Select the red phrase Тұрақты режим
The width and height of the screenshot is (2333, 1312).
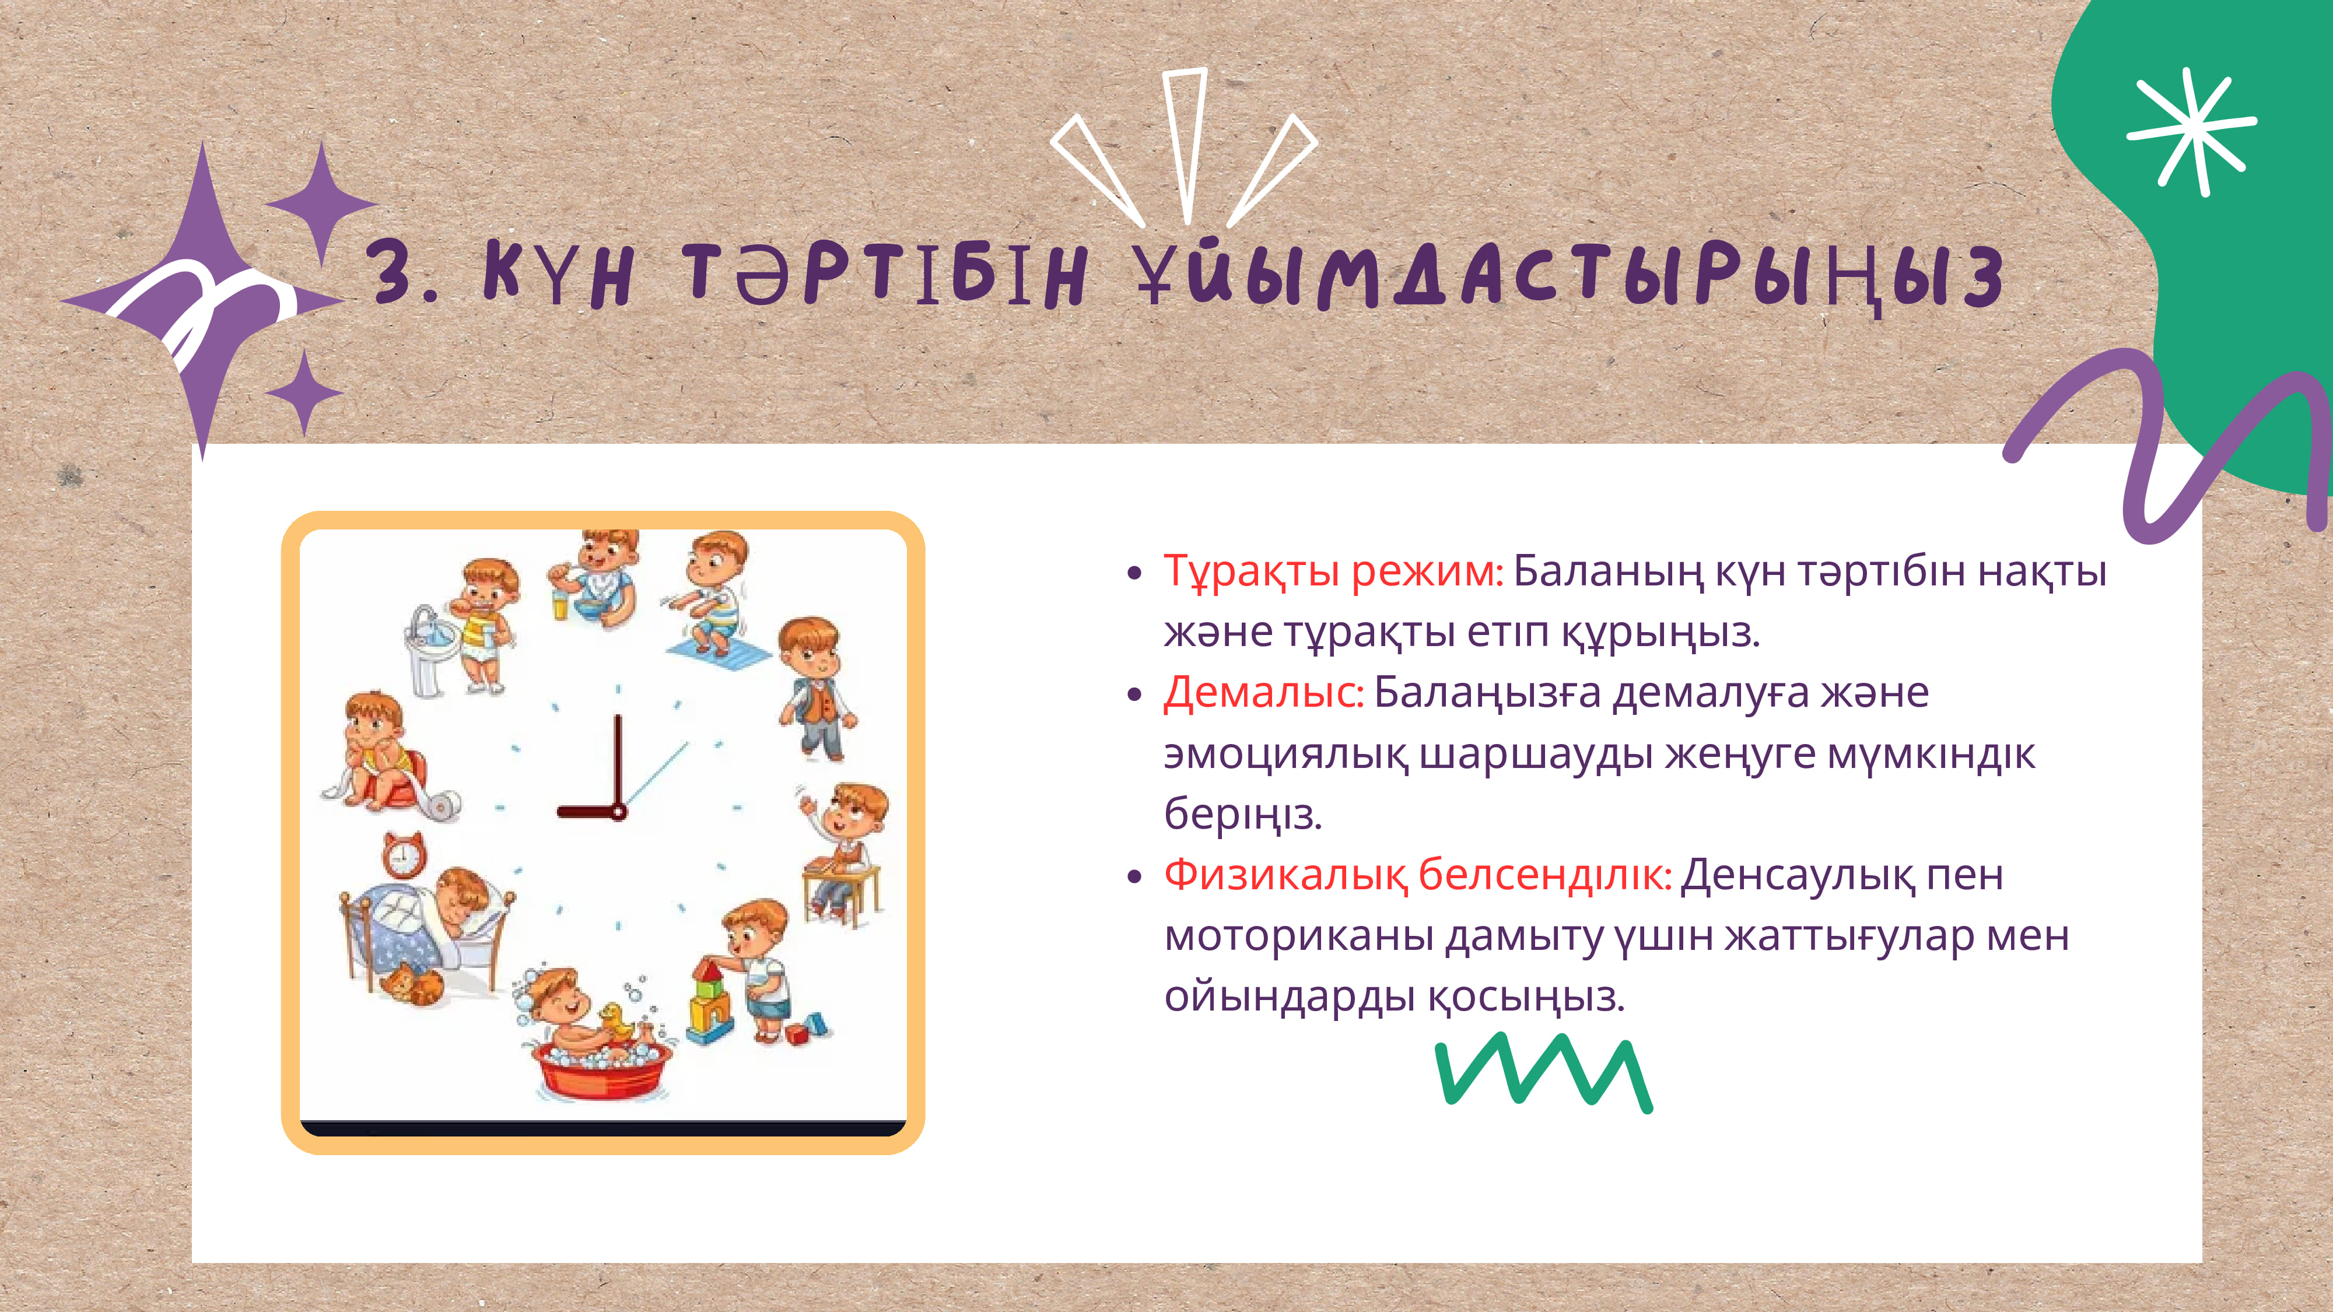(1332, 572)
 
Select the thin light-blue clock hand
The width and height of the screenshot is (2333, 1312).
(656, 775)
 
